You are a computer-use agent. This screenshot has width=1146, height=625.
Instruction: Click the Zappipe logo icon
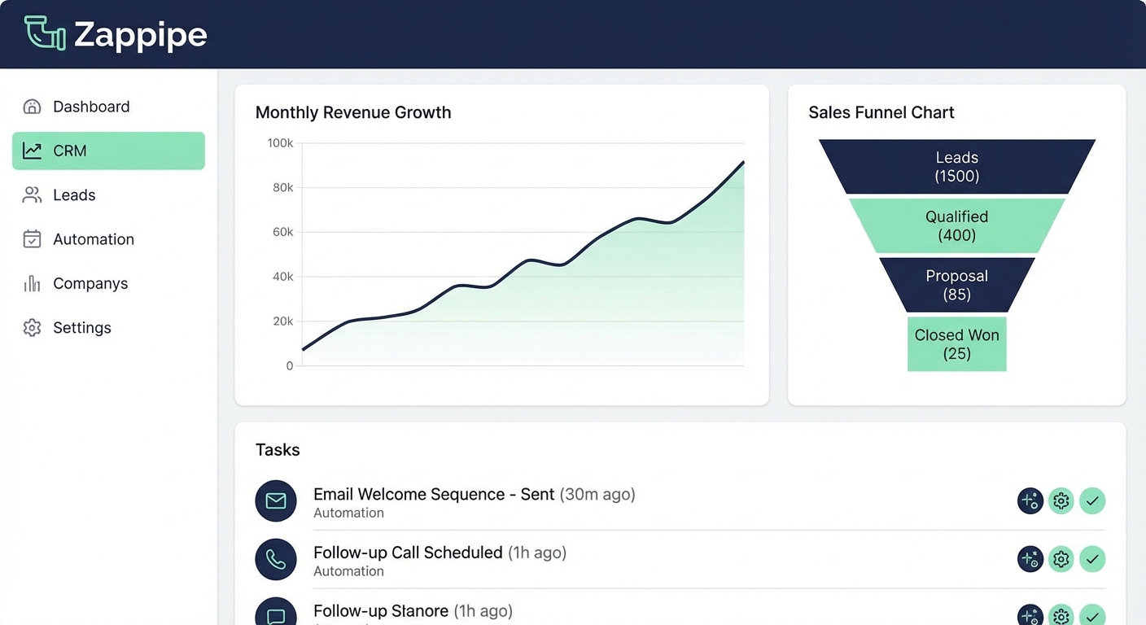coord(45,33)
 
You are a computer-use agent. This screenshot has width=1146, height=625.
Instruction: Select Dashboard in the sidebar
coord(90,107)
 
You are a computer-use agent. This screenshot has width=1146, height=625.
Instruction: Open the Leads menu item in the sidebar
coord(74,195)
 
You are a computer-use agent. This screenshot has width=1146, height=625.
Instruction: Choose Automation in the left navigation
coord(93,239)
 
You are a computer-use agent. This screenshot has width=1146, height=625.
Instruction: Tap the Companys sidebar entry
coord(90,283)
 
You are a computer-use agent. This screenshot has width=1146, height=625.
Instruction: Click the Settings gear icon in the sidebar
coord(32,328)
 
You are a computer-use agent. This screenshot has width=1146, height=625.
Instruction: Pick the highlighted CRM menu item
coord(108,151)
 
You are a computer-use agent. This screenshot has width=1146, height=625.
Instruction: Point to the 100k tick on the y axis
coord(280,143)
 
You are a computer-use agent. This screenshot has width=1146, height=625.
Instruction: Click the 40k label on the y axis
coord(282,277)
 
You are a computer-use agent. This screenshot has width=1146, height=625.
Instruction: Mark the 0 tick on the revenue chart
coord(289,366)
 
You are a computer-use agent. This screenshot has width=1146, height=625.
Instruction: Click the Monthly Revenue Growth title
coord(353,112)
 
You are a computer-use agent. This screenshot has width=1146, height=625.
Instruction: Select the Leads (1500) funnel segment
coord(956,167)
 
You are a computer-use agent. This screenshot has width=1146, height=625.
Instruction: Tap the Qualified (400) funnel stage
coord(956,226)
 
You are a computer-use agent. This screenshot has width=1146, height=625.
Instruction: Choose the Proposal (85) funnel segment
coord(956,285)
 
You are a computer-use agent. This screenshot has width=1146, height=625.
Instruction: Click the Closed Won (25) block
coord(956,344)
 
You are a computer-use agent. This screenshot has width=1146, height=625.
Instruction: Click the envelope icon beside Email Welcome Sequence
coord(276,500)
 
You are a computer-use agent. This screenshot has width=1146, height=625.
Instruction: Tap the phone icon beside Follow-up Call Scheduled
coord(276,559)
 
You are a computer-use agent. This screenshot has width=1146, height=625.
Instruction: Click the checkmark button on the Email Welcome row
coord(1092,500)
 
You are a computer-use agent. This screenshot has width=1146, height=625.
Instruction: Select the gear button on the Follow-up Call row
coord(1061,559)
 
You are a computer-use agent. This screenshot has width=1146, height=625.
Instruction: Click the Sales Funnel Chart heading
coord(881,112)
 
